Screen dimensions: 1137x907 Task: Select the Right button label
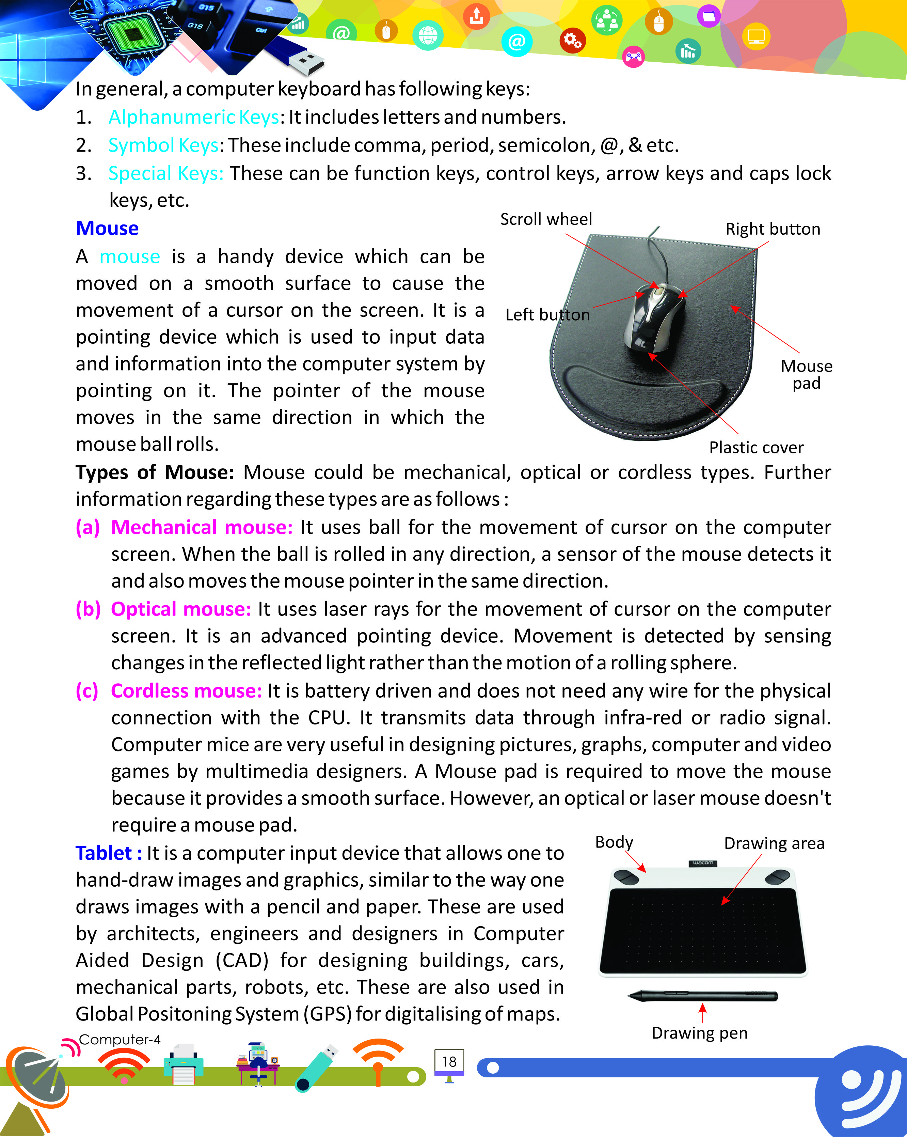[x=772, y=229]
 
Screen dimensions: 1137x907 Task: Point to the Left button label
[x=547, y=315]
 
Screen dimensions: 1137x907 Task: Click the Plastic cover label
[x=756, y=447]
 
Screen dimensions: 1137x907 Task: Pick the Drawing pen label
[x=699, y=1032]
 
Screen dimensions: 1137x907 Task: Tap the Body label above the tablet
[x=614, y=842]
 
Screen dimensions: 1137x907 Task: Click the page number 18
[x=449, y=1062]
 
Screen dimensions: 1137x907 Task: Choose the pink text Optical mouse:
[x=181, y=609]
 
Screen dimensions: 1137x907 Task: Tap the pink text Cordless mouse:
[x=186, y=691]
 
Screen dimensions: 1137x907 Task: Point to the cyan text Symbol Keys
[x=163, y=145]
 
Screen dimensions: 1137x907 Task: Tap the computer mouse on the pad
[x=655, y=318]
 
